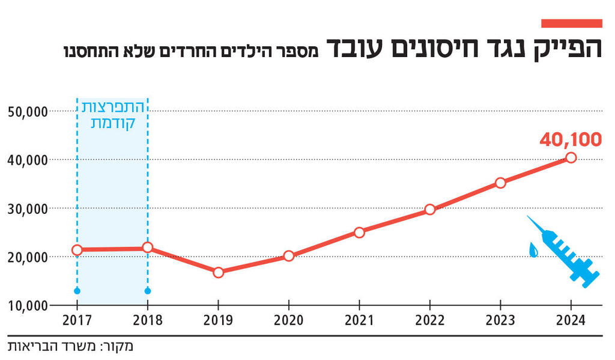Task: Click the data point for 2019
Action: [x=218, y=272]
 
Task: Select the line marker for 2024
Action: [x=571, y=157]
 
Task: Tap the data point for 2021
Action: [x=359, y=233]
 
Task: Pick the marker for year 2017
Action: [x=77, y=250]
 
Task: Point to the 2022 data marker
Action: [x=429, y=210]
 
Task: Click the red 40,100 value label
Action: [x=570, y=139]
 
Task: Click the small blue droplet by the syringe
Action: [x=533, y=249]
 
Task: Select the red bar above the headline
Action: [x=571, y=23]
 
